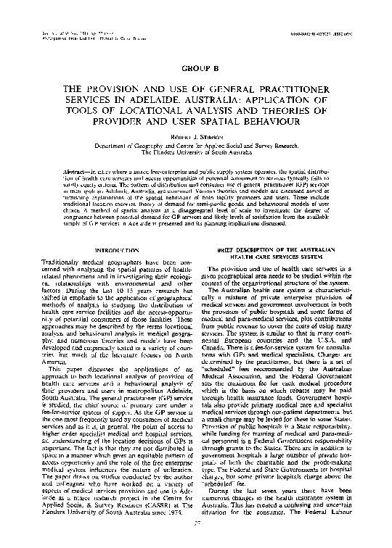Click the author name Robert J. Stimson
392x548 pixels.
195,137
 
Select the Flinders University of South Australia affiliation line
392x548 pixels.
195,153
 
